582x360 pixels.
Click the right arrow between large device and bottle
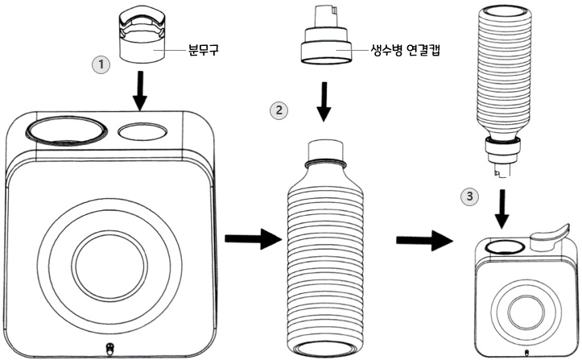tap(249, 239)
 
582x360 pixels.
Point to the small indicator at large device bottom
tap(109, 349)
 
